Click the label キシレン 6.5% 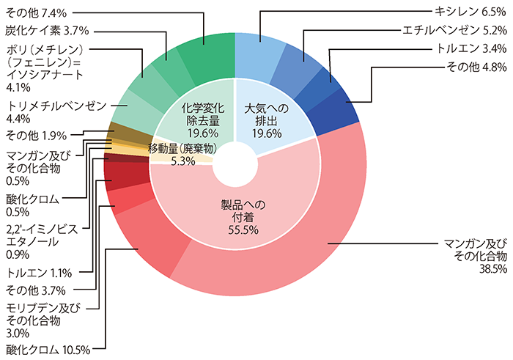(470, 12)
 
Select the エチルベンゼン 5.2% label (454, 31)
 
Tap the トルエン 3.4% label (471, 49)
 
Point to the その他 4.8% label (476, 67)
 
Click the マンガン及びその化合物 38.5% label (476, 256)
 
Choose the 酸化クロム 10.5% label (48, 350)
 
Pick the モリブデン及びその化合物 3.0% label (43, 320)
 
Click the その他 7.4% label (37, 13)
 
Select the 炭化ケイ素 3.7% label (47, 31)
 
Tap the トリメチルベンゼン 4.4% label (56, 112)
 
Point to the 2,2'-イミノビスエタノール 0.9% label (42, 241)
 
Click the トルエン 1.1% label (39, 273)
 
